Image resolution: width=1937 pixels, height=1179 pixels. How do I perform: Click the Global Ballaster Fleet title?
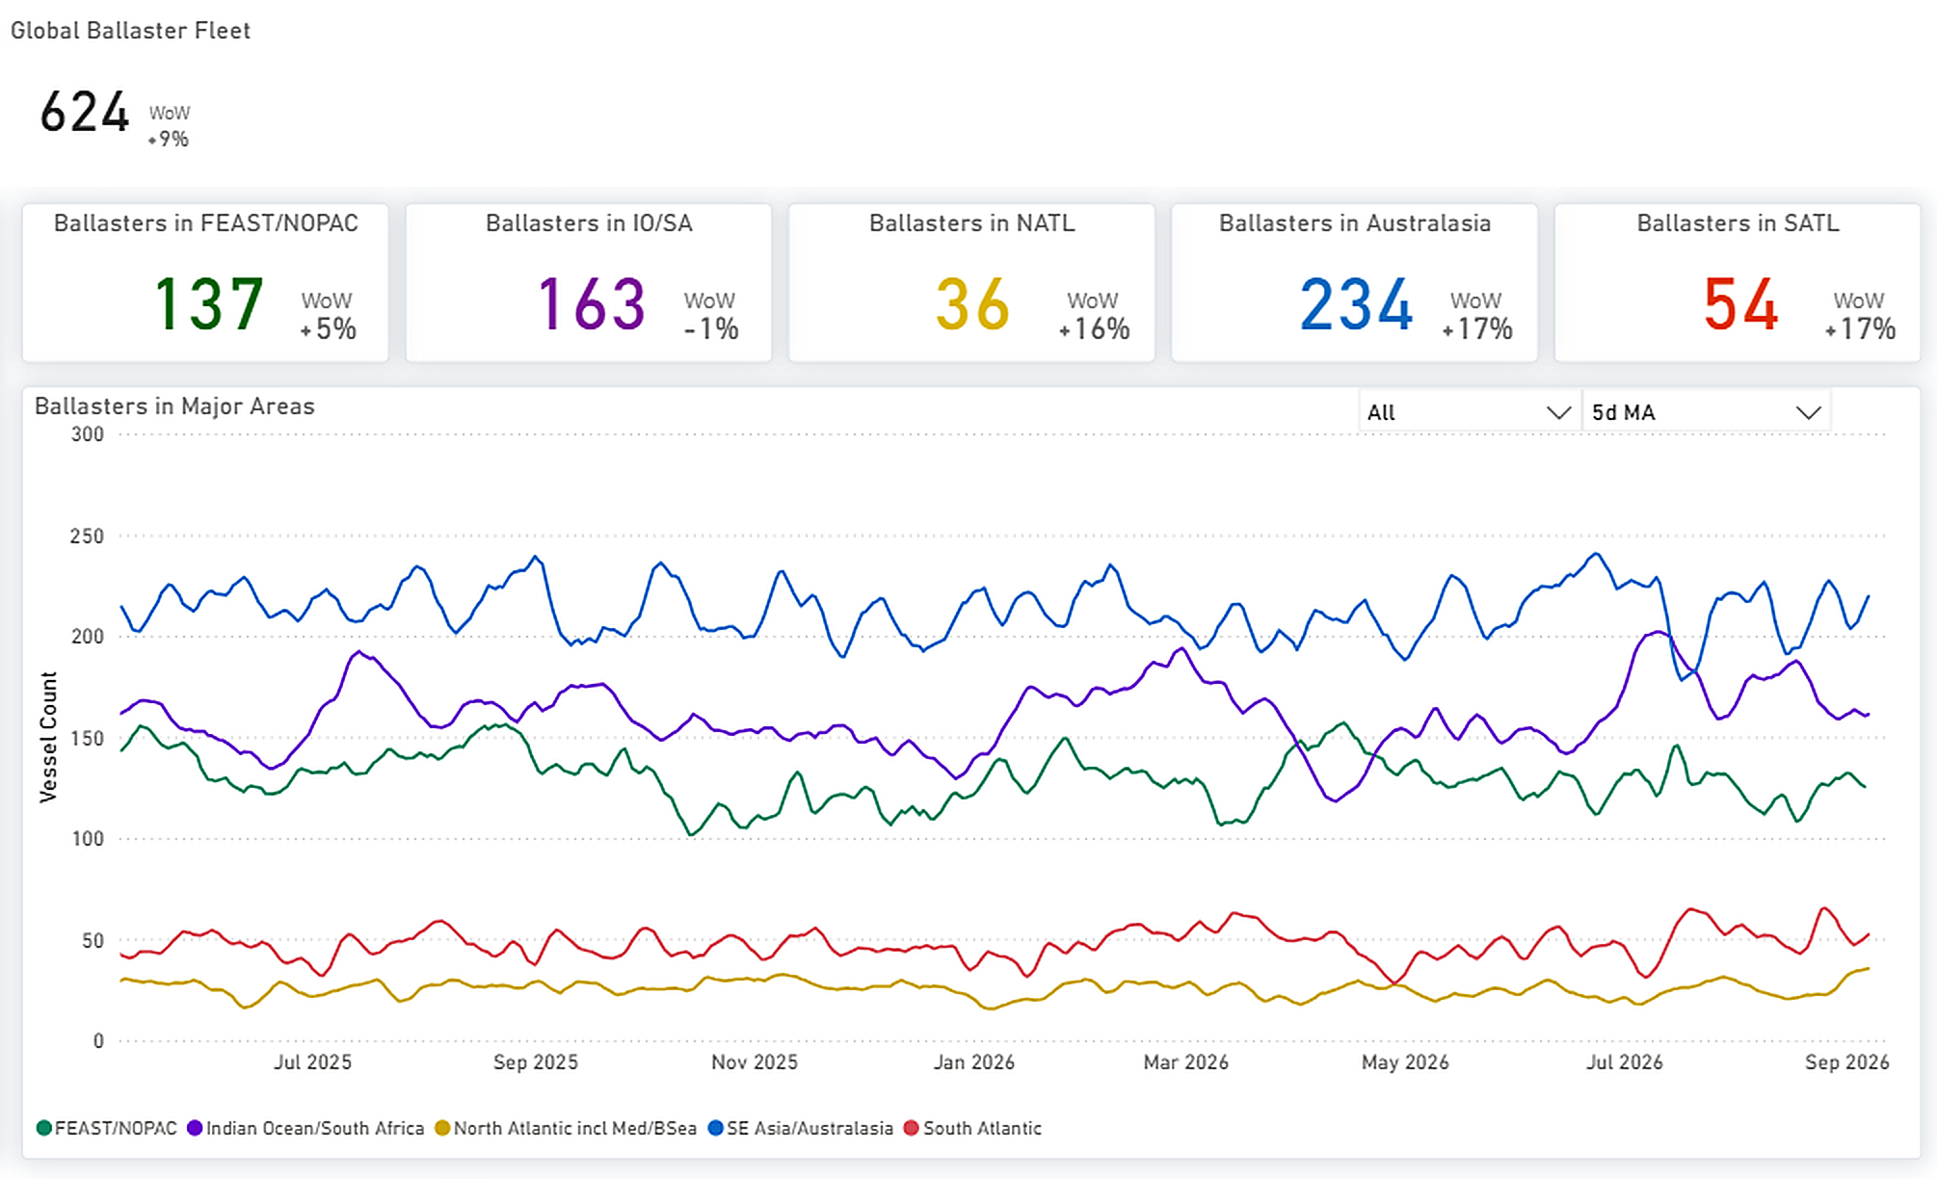(x=130, y=31)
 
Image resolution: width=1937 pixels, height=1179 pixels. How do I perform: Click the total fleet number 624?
(x=85, y=112)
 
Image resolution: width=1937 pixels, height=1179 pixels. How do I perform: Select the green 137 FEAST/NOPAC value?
(x=208, y=304)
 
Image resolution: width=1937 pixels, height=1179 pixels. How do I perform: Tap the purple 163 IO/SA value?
(x=591, y=304)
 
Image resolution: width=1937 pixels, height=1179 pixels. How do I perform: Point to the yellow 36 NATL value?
(x=972, y=304)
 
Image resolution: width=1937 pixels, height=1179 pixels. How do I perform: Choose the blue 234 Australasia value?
(x=1356, y=304)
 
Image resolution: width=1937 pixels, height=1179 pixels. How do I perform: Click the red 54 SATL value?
(x=1740, y=304)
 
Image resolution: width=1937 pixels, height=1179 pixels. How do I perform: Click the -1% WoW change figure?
(x=711, y=329)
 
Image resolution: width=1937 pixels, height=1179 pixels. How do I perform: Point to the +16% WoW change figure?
(x=1094, y=329)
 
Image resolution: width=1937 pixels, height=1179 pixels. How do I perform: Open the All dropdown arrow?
(x=1558, y=413)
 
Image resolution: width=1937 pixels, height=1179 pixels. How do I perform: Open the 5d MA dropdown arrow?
(x=1809, y=413)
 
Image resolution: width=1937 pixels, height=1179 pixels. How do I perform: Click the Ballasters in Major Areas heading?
(x=174, y=406)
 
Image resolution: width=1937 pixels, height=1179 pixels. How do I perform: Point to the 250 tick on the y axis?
(x=87, y=536)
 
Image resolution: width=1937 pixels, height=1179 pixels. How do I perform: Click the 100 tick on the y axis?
(x=87, y=839)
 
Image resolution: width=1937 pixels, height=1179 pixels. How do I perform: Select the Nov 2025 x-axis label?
(x=755, y=1062)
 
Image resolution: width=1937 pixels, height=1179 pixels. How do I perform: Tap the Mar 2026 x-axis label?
(x=1186, y=1062)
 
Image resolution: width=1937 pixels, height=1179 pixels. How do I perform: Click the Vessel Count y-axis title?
(x=48, y=737)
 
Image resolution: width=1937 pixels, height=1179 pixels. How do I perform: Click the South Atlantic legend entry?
(x=973, y=1128)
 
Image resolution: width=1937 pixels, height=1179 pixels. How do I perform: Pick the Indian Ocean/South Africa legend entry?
(x=305, y=1128)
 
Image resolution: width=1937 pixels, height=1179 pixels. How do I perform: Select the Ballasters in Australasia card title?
(x=1355, y=223)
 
